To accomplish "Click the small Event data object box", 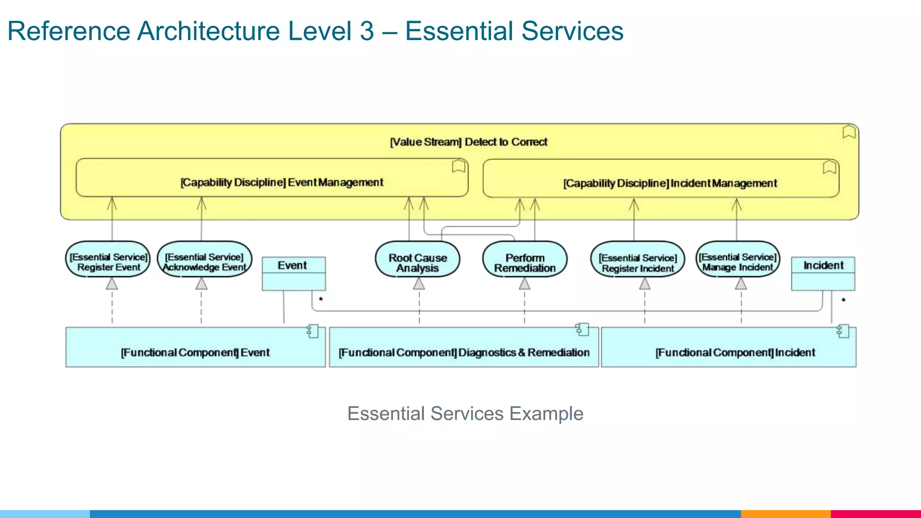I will (x=294, y=273).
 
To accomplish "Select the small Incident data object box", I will (x=823, y=273).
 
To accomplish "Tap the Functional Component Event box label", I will (x=195, y=353).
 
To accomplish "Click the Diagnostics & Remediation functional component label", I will (x=464, y=353).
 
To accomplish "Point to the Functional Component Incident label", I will (x=735, y=353).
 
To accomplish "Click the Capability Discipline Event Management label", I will (x=282, y=183).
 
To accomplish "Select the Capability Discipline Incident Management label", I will (x=670, y=183).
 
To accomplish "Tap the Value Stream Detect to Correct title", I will (x=468, y=142).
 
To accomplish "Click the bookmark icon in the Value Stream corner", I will (x=849, y=132).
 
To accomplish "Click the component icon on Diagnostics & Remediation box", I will (x=582, y=330).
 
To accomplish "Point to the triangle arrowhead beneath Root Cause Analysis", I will (x=419, y=284).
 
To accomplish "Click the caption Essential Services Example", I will (x=465, y=413).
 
